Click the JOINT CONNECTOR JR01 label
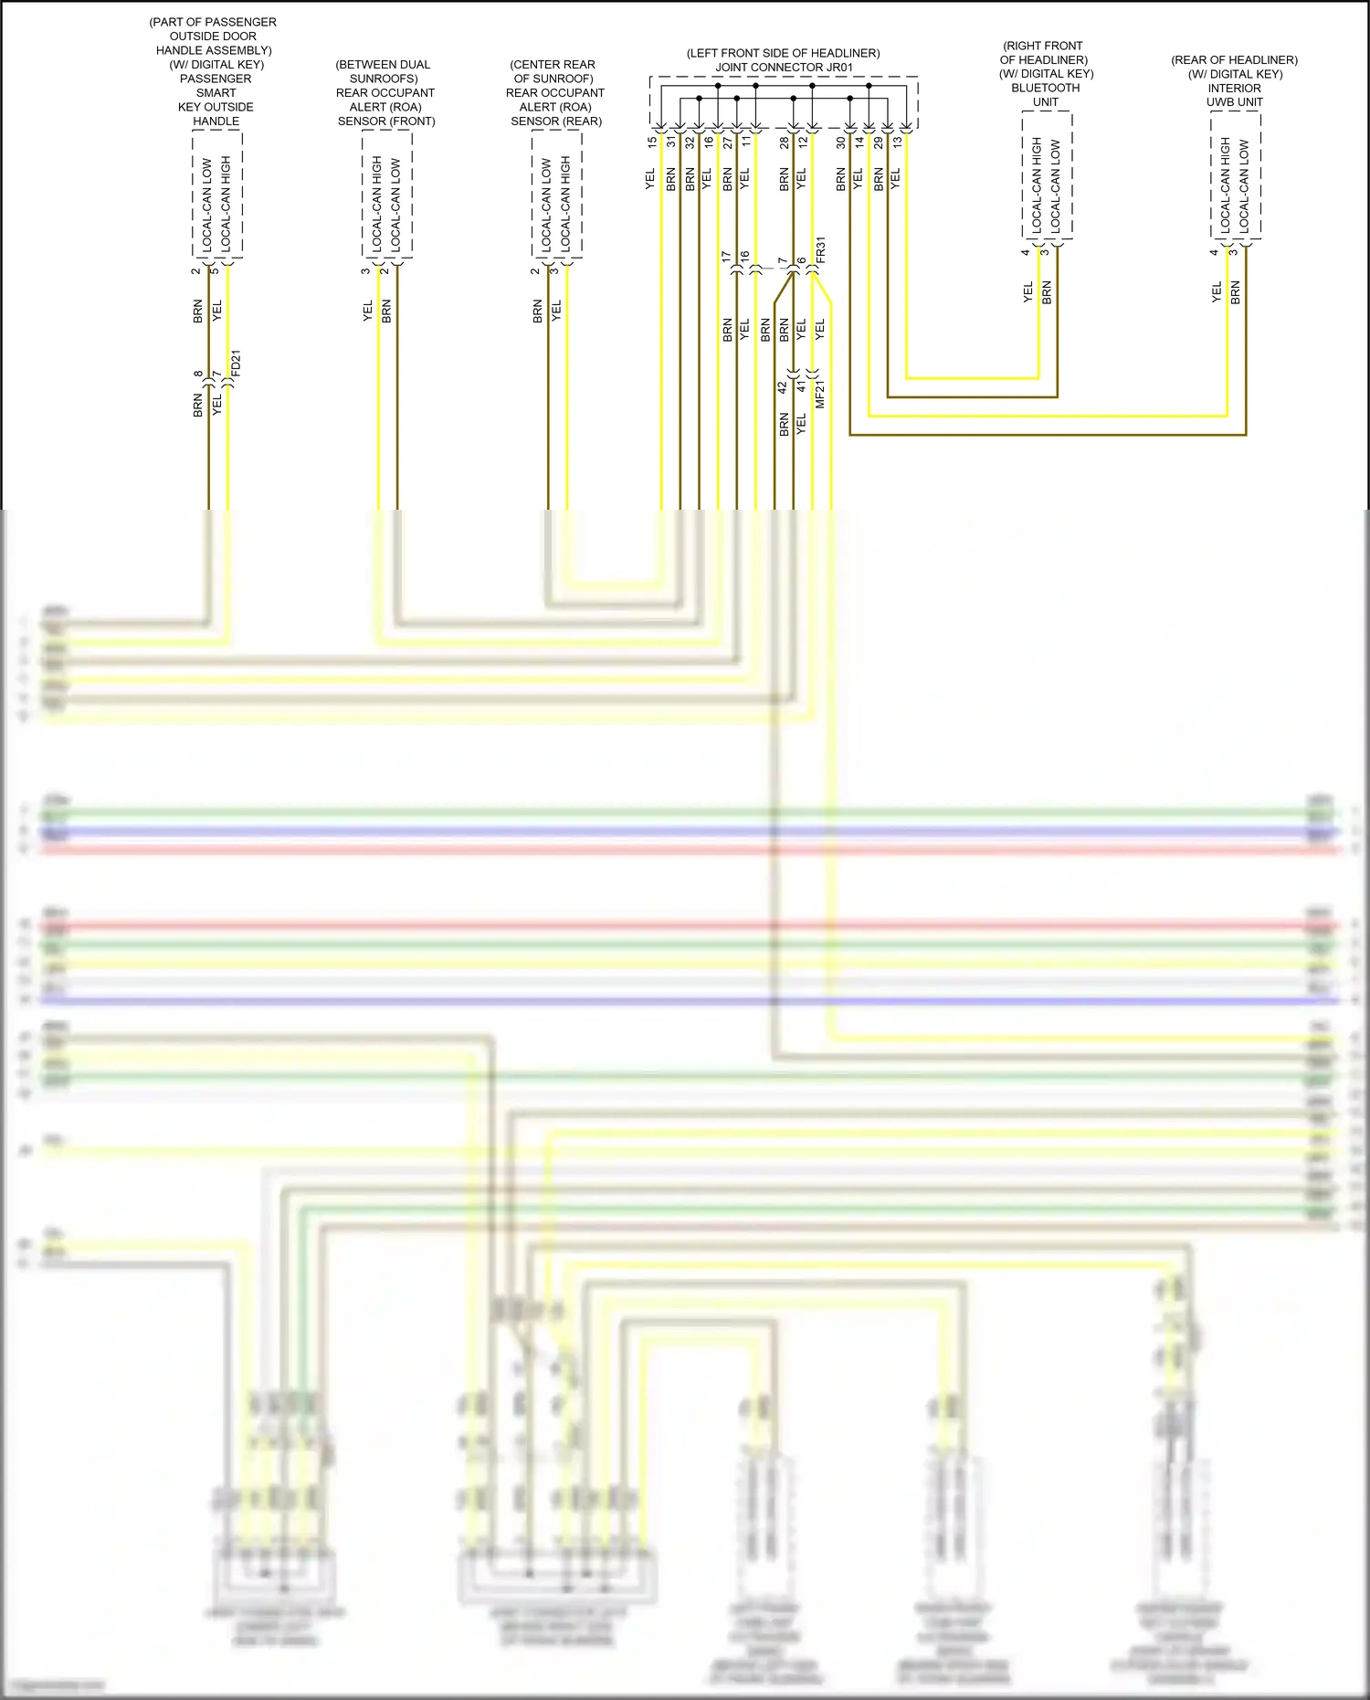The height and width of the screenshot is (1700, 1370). (784, 68)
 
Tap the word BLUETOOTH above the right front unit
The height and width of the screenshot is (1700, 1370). (1045, 88)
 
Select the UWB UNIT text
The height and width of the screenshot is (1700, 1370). (1234, 102)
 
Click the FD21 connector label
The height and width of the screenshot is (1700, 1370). (237, 364)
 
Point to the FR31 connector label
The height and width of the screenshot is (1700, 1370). (820, 250)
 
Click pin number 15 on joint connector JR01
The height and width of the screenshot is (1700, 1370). (652, 143)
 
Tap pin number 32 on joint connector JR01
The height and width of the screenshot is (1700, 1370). (690, 143)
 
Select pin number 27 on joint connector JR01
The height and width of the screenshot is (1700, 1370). (728, 143)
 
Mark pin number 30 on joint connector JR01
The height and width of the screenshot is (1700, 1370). (840, 143)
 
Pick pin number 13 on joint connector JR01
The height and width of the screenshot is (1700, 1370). (897, 143)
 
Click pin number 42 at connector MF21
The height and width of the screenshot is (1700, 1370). (783, 387)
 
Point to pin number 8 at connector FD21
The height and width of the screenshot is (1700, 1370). (198, 374)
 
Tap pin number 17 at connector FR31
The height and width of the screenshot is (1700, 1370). (727, 258)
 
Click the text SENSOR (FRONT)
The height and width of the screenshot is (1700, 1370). (386, 121)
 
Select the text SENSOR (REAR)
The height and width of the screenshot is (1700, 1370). (555, 121)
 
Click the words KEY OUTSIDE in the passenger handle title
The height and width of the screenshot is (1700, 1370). (216, 107)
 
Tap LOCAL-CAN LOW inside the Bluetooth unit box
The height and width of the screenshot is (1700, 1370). (1056, 184)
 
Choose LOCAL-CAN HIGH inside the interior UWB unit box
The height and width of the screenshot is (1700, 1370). (1225, 184)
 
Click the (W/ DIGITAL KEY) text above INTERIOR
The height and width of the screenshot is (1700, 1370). (1235, 74)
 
